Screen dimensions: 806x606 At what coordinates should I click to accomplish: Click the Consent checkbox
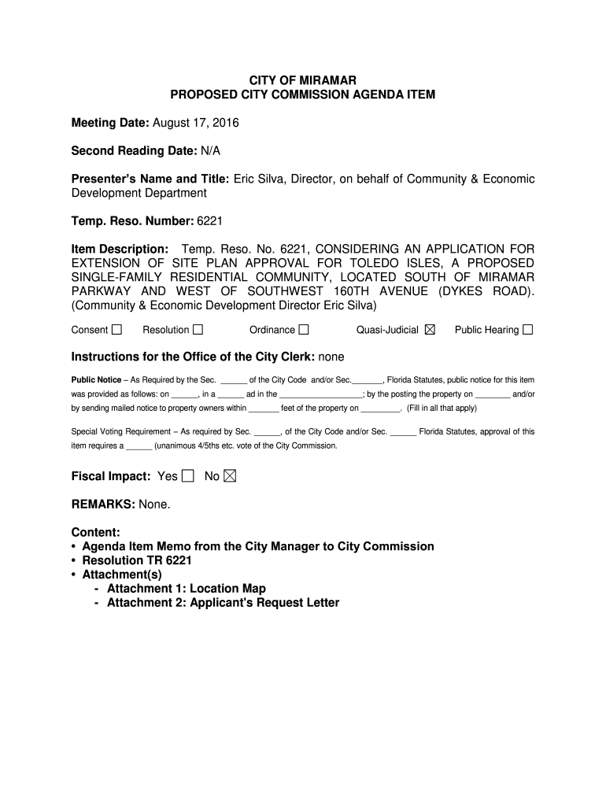[x=117, y=330]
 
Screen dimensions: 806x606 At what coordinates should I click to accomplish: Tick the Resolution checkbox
[x=198, y=330]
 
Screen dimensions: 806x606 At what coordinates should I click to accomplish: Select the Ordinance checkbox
[x=304, y=330]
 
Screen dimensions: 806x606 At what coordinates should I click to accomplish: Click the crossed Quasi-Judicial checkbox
[x=429, y=330]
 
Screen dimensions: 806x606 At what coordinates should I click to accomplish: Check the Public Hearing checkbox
[x=527, y=330]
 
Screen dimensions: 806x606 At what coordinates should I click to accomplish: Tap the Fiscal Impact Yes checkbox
[x=187, y=476]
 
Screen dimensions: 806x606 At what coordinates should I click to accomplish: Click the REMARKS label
[x=102, y=504]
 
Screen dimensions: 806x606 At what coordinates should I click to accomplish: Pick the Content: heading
[x=95, y=532]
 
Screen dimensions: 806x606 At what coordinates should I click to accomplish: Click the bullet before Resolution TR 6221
[x=74, y=560]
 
